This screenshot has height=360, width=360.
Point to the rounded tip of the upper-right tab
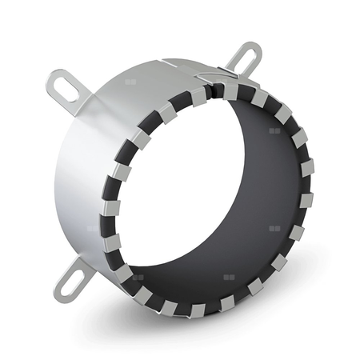[255, 49]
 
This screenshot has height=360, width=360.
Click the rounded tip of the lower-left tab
[61, 289]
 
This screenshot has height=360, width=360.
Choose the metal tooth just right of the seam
[229, 90]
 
